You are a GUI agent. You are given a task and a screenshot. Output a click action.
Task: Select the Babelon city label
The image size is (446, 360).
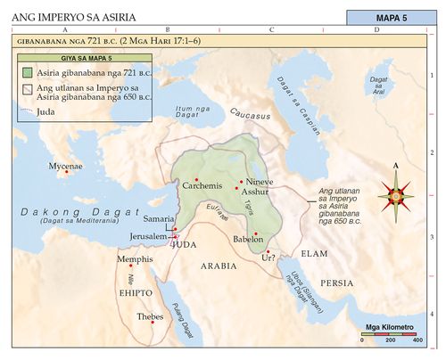coord(247,240)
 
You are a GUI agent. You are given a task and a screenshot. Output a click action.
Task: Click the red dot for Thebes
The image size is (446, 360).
coord(153,322)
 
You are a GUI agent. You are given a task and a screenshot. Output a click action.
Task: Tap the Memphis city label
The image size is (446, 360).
coord(136,259)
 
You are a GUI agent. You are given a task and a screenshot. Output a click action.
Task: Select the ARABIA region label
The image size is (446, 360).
coord(218,266)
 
